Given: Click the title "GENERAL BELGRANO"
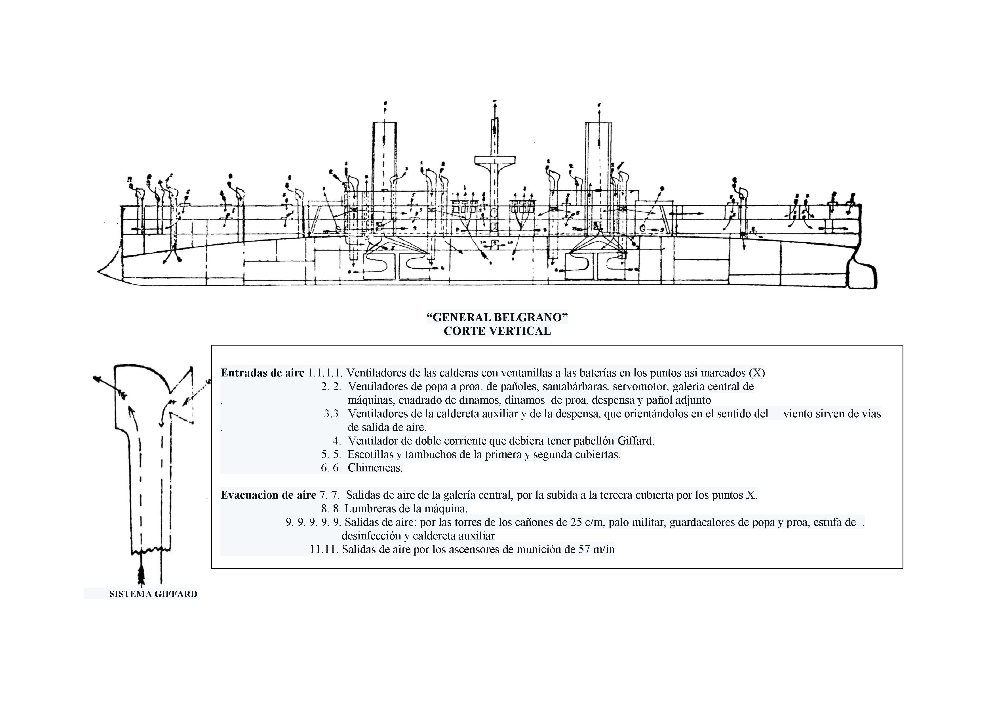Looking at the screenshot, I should click(x=497, y=317).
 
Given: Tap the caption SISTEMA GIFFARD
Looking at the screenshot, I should click(x=153, y=594).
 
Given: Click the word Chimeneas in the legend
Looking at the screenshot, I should click(x=375, y=468).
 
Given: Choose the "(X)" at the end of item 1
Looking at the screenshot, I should click(x=757, y=372).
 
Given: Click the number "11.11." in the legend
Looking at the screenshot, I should click(x=324, y=549).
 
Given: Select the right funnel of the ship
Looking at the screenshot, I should click(x=598, y=156).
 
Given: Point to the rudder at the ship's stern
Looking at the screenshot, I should click(x=862, y=277).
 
